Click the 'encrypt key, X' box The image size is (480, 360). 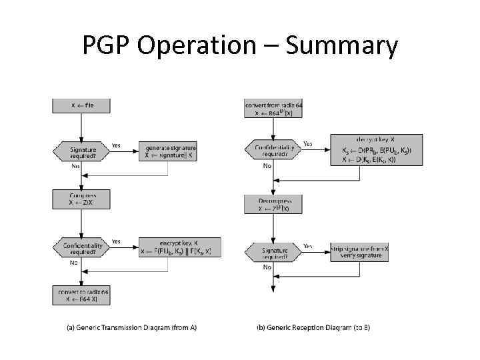pyautogui.click(x=179, y=248)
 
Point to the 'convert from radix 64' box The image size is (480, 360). pyautogui.click(x=273, y=109)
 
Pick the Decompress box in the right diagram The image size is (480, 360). pyautogui.click(x=273, y=203)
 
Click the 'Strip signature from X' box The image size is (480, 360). pyautogui.click(x=360, y=251)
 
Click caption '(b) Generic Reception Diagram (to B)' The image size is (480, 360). pyautogui.click(x=313, y=327)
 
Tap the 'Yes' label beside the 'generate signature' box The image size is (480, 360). pyautogui.click(x=116, y=145)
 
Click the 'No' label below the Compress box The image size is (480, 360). pyautogui.click(x=74, y=263)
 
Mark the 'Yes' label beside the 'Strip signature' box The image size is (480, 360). pyautogui.click(x=309, y=245)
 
